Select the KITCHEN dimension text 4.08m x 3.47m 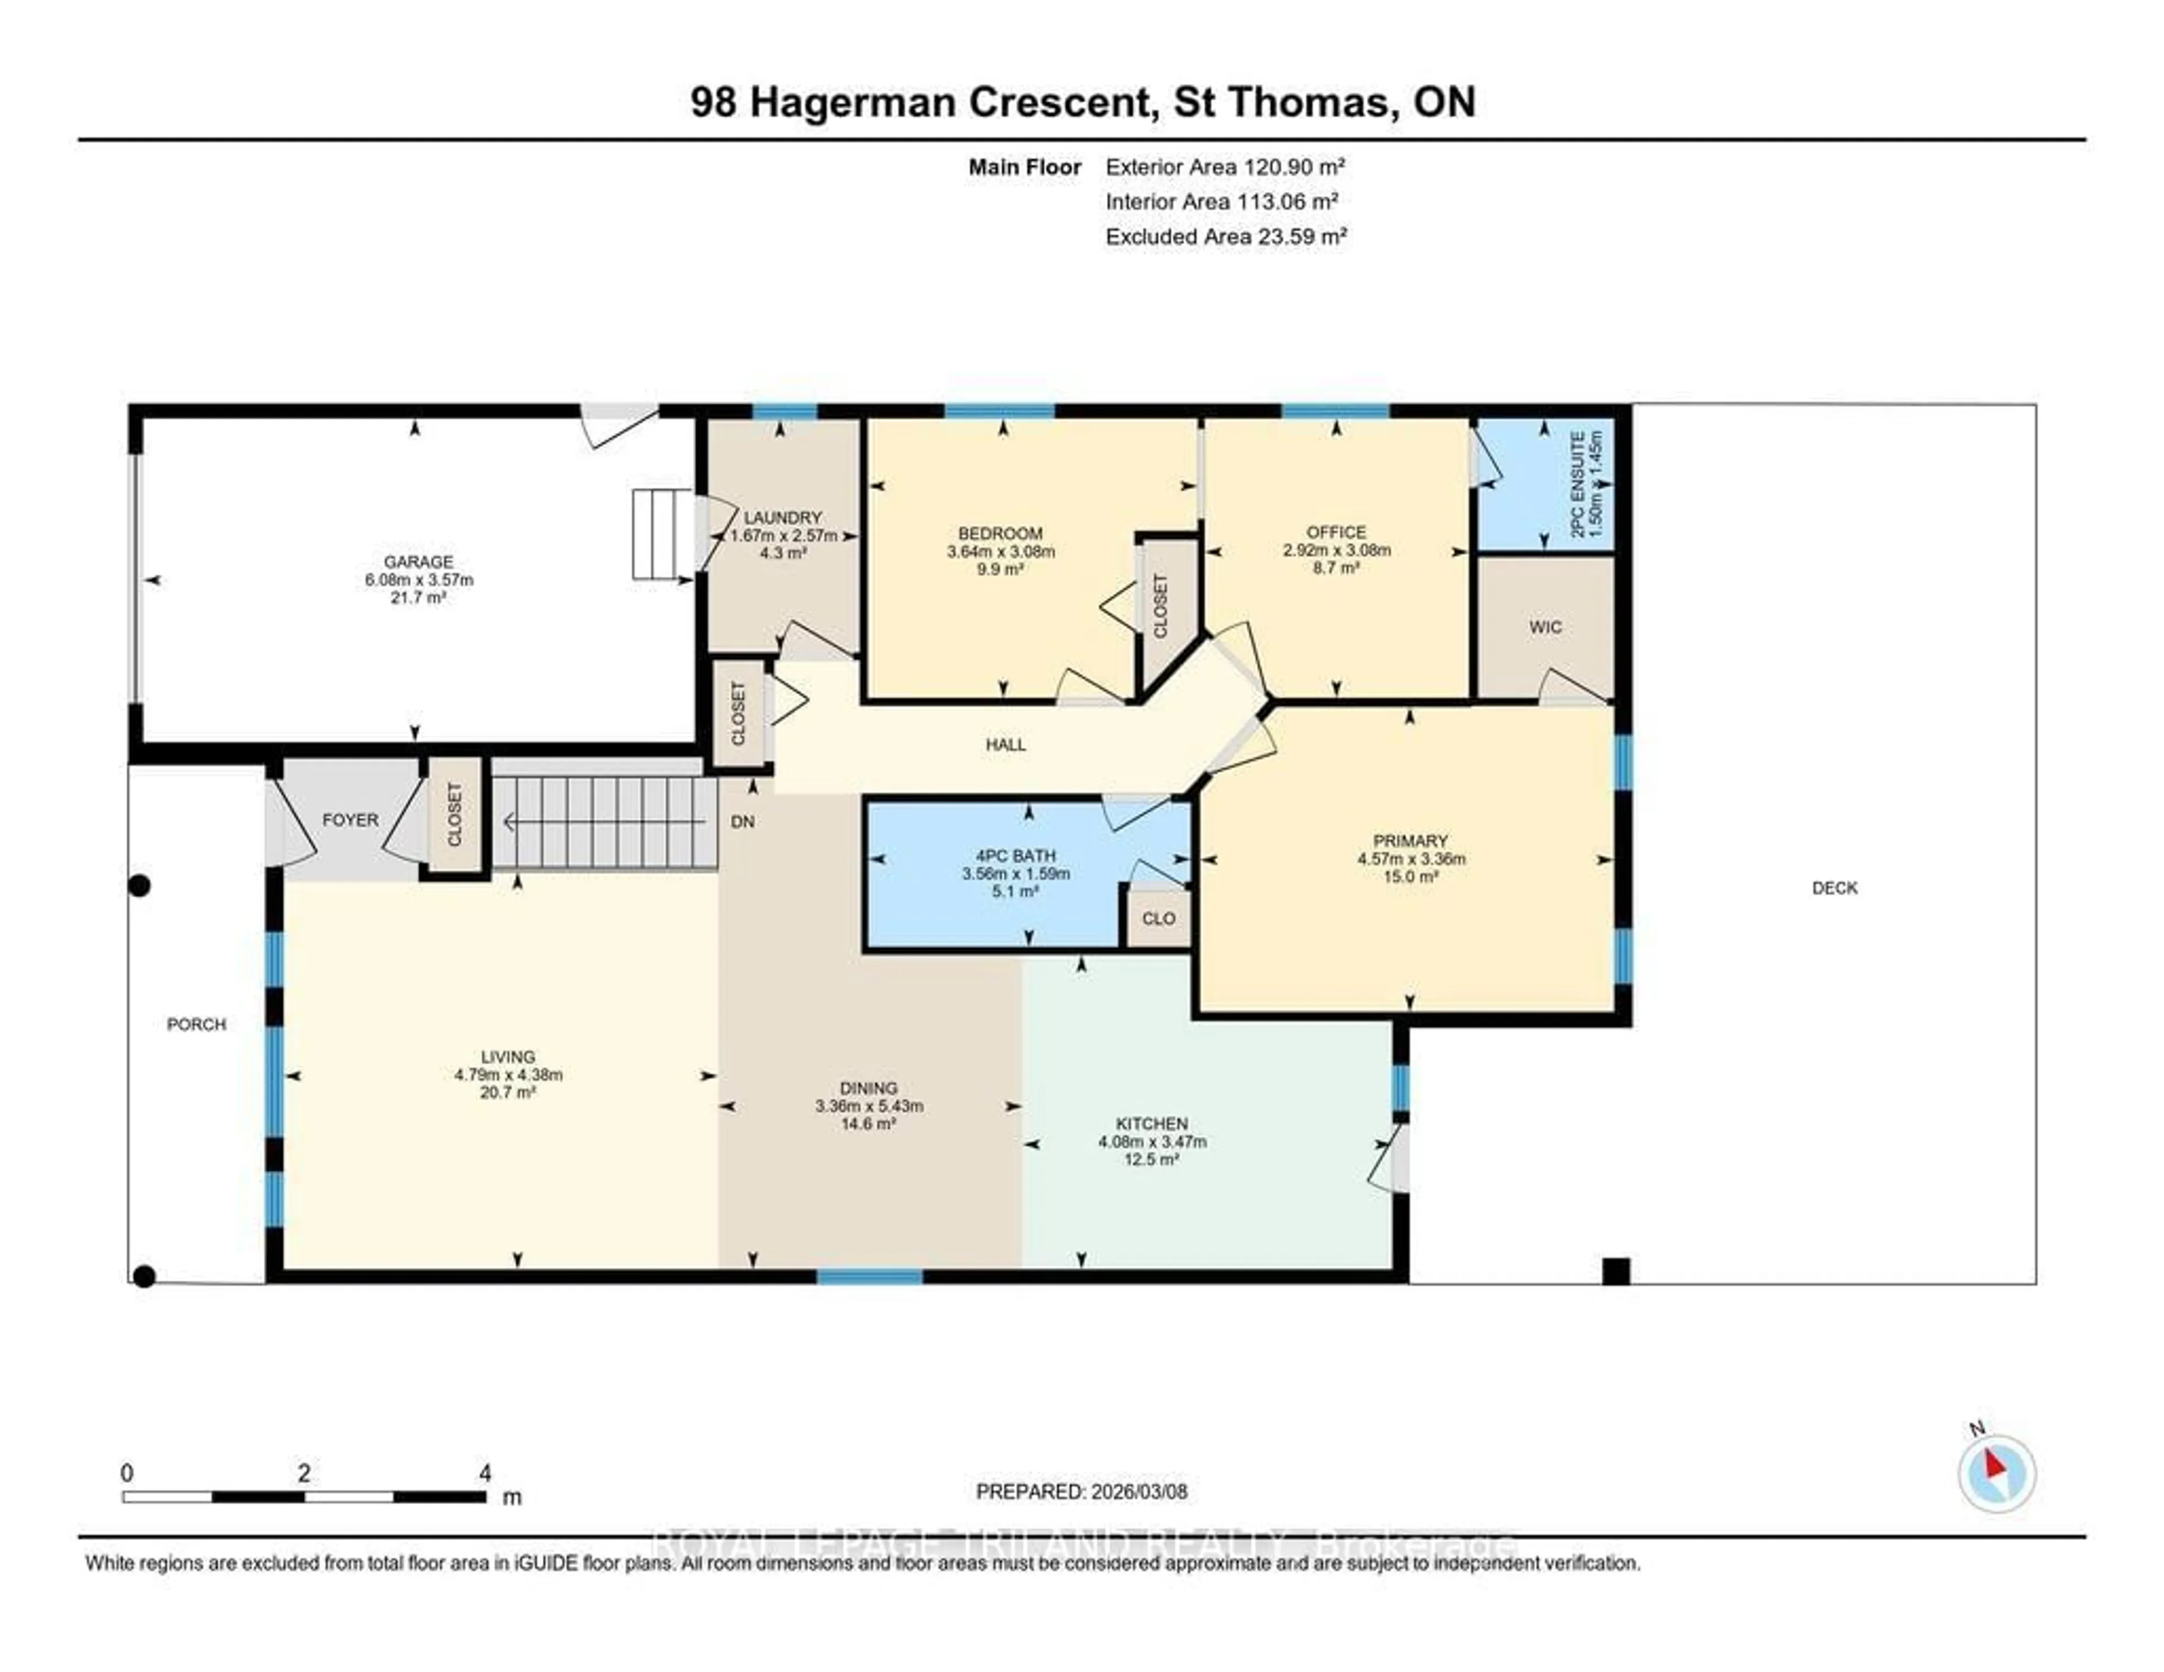tap(1151, 1142)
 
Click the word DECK tap(1834, 888)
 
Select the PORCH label tap(196, 1024)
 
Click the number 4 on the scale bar tap(485, 1473)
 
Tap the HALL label tap(1006, 744)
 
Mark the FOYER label tap(350, 820)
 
